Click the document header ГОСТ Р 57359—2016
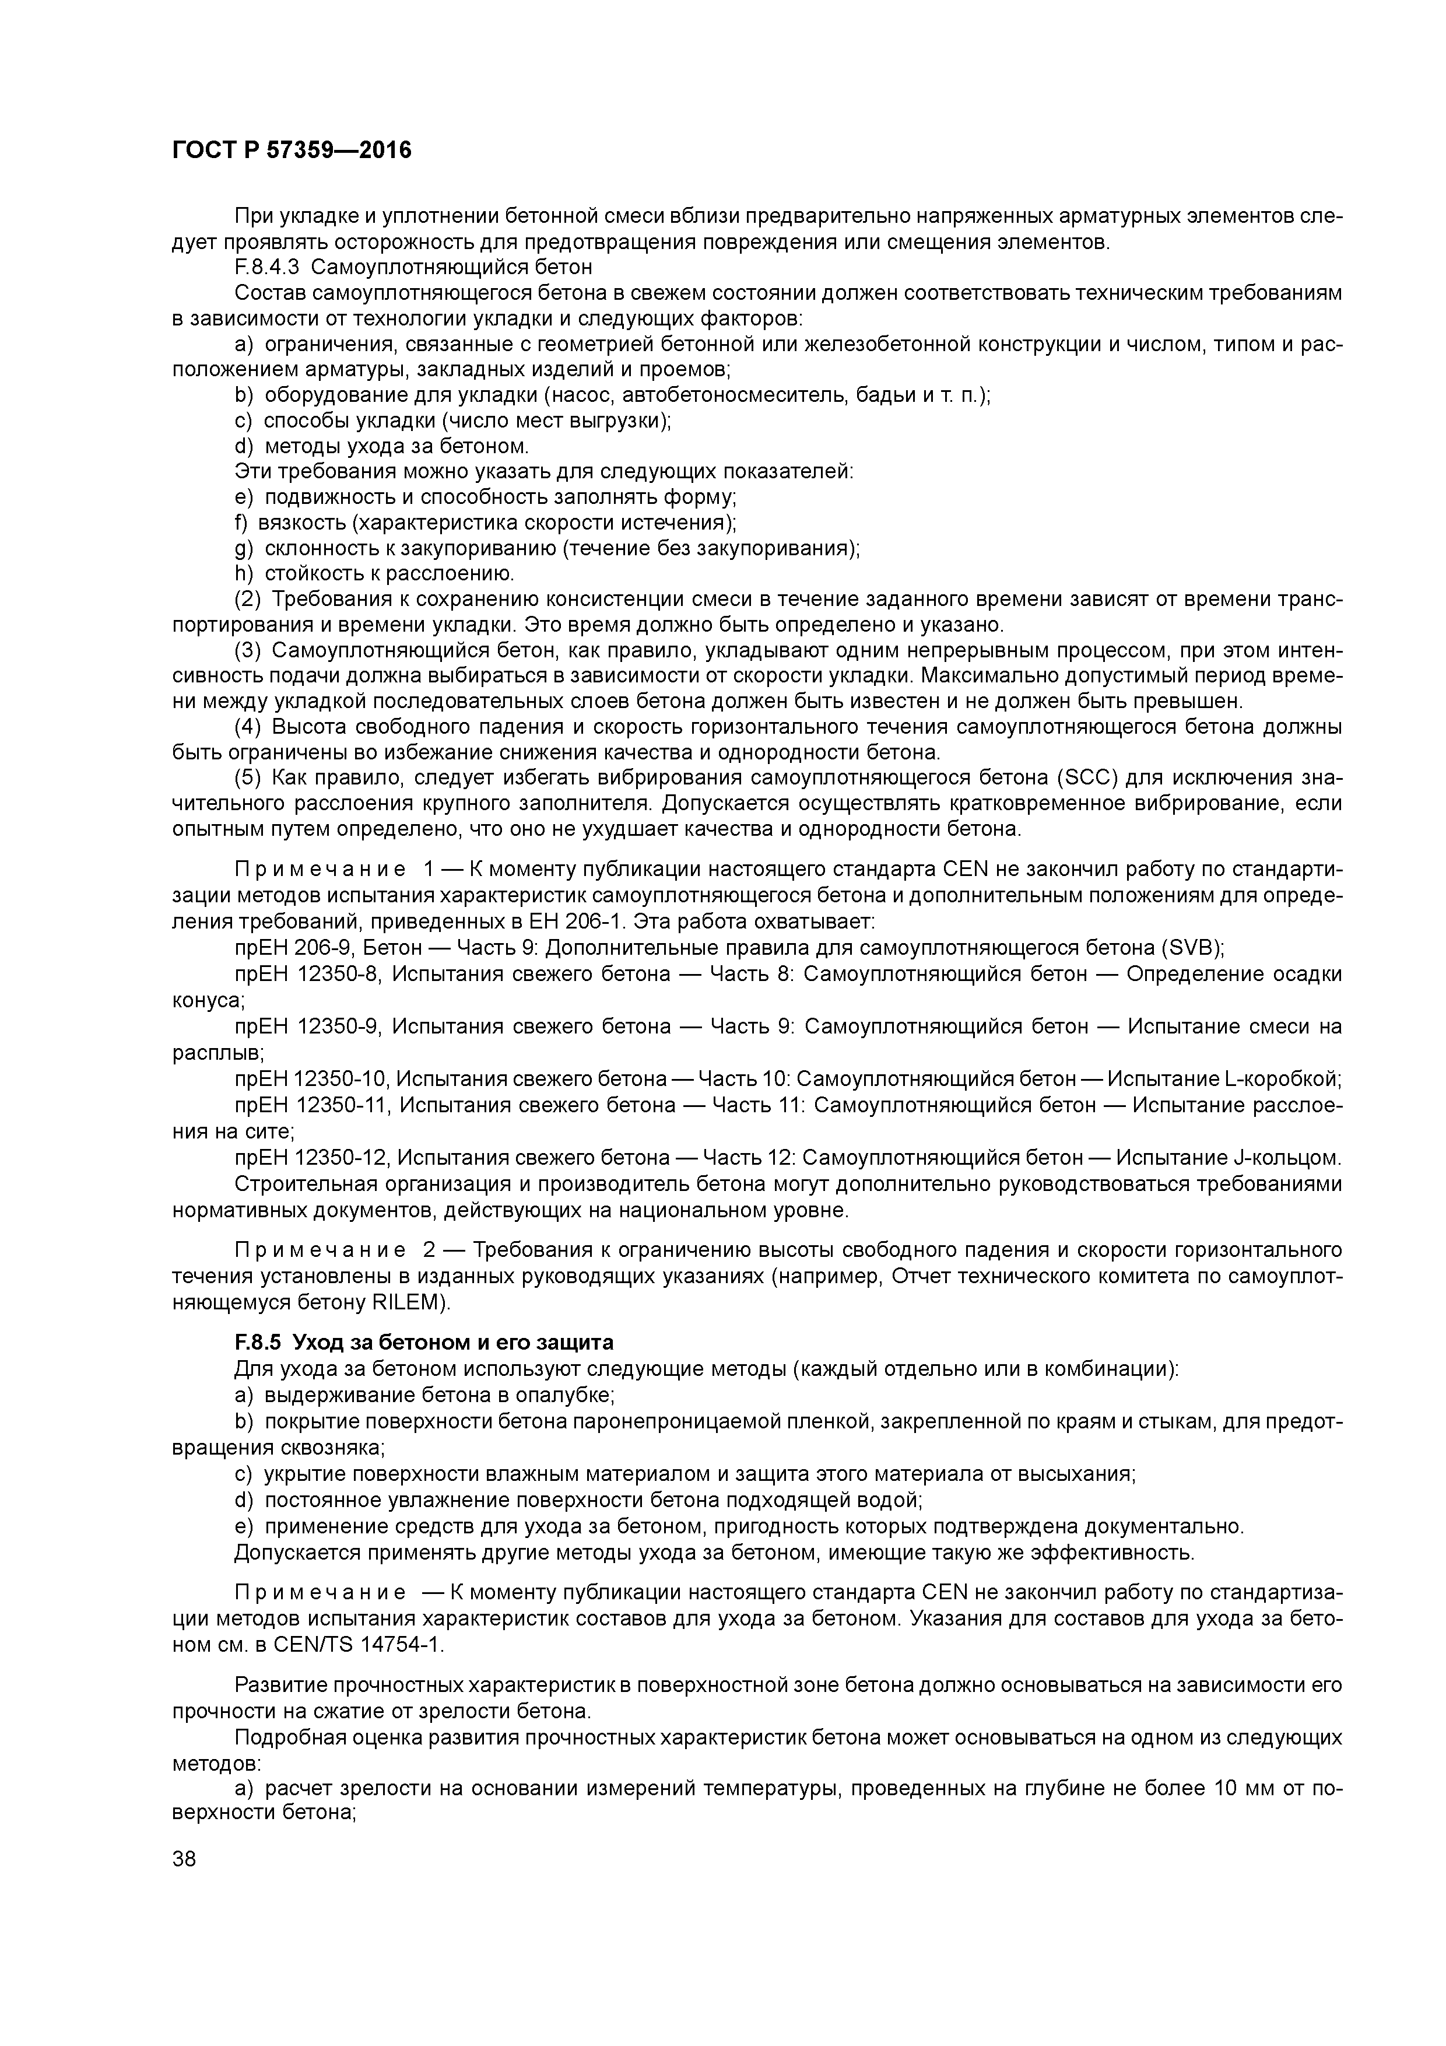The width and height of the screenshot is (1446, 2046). point(292,150)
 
